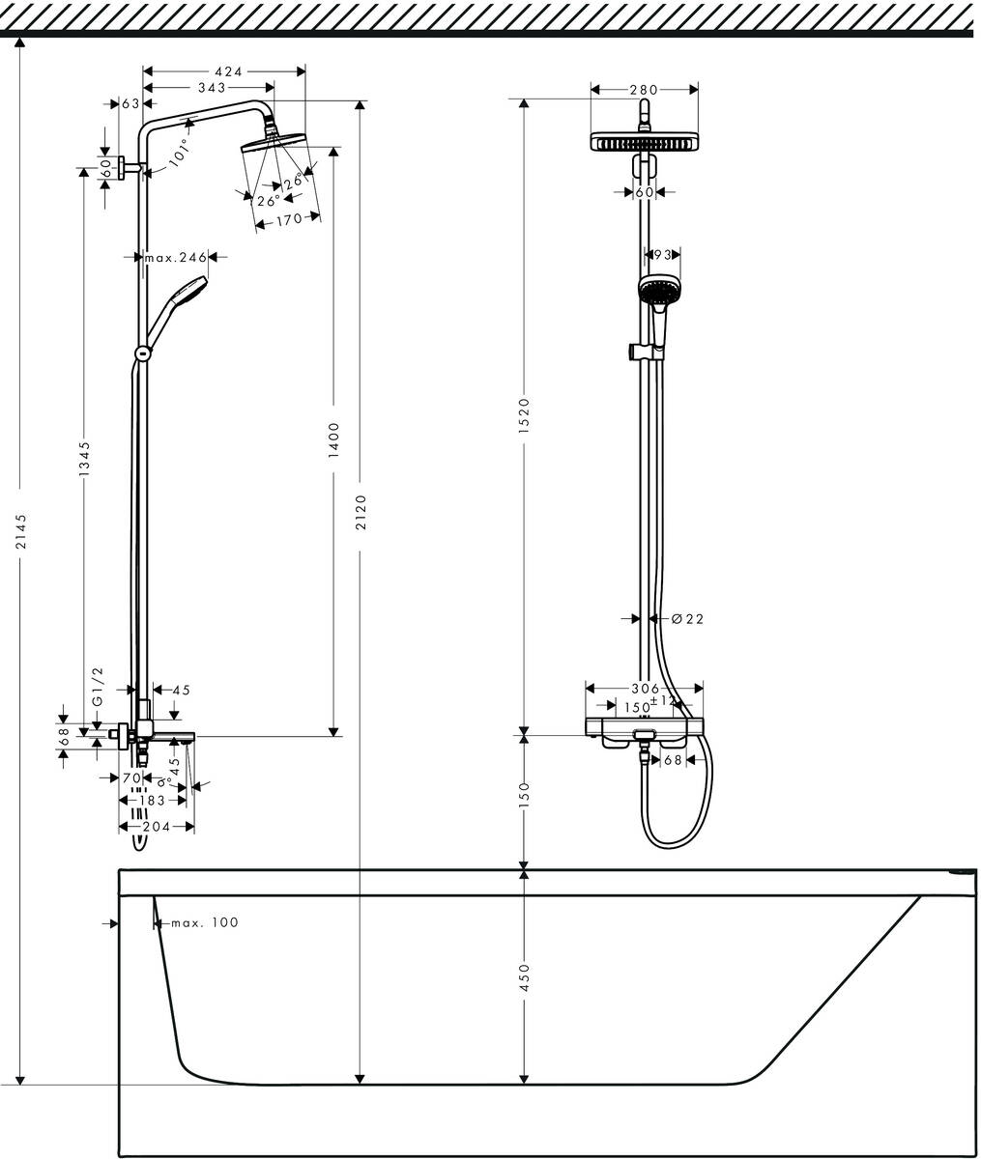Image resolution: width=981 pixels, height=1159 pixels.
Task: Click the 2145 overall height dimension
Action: [x=21, y=559]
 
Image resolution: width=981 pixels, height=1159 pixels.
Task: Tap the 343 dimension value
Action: [x=212, y=88]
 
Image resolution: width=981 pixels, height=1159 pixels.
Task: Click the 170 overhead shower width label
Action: [x=289, y=219]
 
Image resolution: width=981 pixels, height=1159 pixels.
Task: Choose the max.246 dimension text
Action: [x=176, y=257]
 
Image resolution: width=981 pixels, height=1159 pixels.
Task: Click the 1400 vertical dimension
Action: [x=333, y=438]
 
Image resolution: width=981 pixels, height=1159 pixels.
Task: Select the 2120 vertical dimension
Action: [x=361, y=512]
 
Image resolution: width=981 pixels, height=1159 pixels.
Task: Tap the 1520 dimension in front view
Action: [x=524, y=415]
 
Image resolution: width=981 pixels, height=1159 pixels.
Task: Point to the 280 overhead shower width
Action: [x=644, y=90]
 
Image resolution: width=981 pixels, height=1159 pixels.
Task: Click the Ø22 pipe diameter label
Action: [x=687, y=619]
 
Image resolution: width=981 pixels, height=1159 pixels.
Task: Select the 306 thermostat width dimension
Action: [x=644, y=689]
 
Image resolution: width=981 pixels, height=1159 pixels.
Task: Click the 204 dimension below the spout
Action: [x=157, y=827]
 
